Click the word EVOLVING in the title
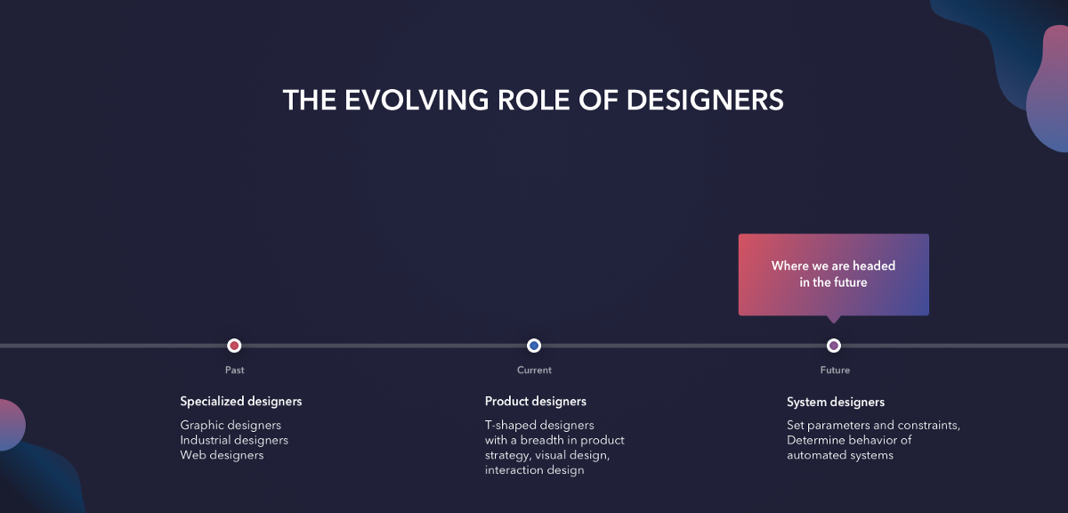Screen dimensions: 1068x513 pyautogui.click(x=417, y=101)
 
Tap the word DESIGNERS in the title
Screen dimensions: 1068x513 pyautogui.click(x=705, y=101)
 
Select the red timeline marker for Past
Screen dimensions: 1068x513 pyautogui.click(x=234, y=345)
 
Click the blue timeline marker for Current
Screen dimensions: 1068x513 pyautogui.click(x=534, y=345)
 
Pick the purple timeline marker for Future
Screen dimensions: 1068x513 pyautogui.click(x=833, y=345)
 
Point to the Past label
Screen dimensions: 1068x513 pyautogui.click(x=235, y=370)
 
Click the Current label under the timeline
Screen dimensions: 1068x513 pyautogui.click(x=534, y=370)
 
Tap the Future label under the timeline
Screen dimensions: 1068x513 pyautogui.click(x=835, y=370)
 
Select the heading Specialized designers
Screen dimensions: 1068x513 pyautogui.click(x=241, y=402)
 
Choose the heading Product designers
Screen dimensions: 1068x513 pyautogui.click(x=536, y=402)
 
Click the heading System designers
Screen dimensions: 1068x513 pyautogui.click(x=836, y=402)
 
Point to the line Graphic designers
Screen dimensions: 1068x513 pyautogui.click(x=231, y=425)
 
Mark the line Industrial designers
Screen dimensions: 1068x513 pyautogui.click(x=234, y=440)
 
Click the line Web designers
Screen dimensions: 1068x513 pyautogui.click(x=222, y=455)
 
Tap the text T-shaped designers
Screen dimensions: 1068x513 pyautogui.click(x=539, y=425)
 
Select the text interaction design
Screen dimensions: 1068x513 pyautogui.click(x=535, y=470)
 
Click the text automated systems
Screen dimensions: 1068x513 pyautogui.click(x=840, y=455)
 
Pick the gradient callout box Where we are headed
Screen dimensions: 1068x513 pyautogui.click(x=833, y=274)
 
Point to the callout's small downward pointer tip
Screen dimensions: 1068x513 pyautogui.click(x=833, y=323)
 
